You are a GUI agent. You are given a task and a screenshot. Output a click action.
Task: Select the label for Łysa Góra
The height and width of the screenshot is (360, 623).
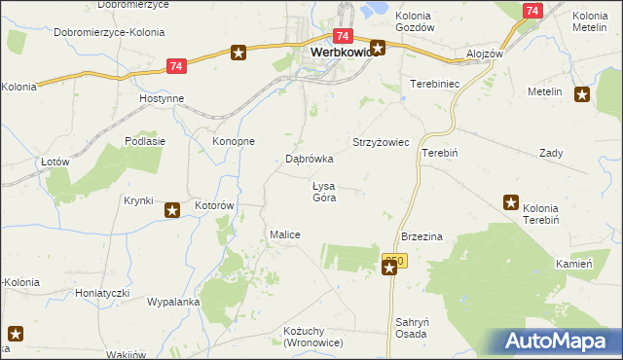(324, 192)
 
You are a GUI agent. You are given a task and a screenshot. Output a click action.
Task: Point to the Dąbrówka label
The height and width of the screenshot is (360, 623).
(310, 158)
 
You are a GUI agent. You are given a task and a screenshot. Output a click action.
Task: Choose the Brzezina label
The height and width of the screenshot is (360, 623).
(422, 236)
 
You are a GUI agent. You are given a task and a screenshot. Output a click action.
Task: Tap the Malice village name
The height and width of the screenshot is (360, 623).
(284, 234)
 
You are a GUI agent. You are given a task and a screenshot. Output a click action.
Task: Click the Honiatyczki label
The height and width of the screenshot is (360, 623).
(103, 292)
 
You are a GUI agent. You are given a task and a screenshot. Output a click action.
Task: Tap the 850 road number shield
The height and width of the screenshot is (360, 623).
(393, 261)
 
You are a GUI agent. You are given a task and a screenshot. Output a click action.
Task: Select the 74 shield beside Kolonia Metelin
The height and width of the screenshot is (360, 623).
(531, 11)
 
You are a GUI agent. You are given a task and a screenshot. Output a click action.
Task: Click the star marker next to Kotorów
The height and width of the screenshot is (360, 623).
(172, 209)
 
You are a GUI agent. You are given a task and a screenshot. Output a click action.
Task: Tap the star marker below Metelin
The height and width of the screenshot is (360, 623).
(582, 94)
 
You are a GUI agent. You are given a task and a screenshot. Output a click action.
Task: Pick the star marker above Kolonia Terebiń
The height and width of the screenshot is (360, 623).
(511, 202)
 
